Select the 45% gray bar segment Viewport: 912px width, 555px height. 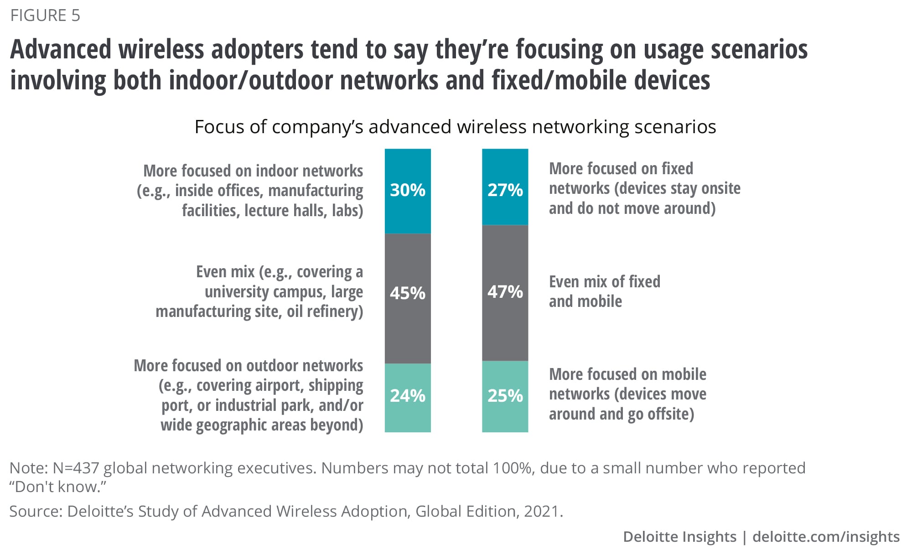(408, 298)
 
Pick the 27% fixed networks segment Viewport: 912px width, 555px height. (505, 187)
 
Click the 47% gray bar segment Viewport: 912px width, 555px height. (505, 292)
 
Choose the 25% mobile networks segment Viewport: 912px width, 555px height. (505, 396)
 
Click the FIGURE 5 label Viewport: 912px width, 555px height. (45, 16)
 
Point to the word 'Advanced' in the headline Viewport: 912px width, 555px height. (61, 49)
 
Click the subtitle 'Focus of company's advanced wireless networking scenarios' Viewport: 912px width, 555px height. (455, 127)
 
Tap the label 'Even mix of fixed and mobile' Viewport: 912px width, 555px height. (604, 291)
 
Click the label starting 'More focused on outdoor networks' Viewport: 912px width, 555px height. (249, 395)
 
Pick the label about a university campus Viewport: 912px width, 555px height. (259, 291)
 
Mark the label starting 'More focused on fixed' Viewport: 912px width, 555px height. (644, 188)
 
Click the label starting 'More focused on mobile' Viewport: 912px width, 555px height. (627, 394)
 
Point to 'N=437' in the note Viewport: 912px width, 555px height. (76, 468)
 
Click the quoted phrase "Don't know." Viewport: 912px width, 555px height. (57, 487)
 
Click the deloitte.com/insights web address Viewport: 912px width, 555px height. (826, 537)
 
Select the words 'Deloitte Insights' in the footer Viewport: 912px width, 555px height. (679, 537)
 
